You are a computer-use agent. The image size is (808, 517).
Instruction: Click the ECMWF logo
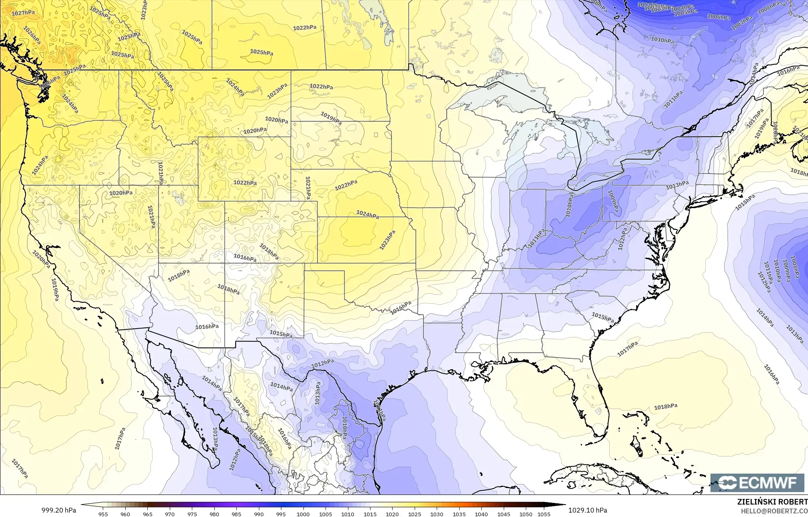tap(757, 482)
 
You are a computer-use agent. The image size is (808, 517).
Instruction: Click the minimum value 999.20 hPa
tap(59, 510)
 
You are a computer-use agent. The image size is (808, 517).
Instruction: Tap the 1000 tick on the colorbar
tap(303, 514)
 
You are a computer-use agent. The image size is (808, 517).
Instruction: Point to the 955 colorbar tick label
tap(103, 514)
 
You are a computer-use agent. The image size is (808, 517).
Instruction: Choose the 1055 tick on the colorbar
tap(543, 514)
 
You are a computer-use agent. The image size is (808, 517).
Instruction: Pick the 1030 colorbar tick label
tap(437, 514)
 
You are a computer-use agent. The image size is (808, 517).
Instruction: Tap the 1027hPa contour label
tap(23, 13)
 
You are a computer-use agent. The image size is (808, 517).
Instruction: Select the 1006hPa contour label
tap(718, 17)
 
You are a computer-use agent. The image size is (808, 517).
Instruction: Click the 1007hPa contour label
tap(741, 22)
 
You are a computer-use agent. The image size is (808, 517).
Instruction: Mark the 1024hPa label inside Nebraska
tap(367, 215)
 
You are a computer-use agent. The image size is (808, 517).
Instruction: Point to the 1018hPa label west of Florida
tap(666, 407)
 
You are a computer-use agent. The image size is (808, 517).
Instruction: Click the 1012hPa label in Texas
tap(323, 363)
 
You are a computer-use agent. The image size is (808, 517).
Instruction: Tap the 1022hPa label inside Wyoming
tap(245, 183)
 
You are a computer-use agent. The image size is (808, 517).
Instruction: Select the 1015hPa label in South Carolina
tap(602, 317)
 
